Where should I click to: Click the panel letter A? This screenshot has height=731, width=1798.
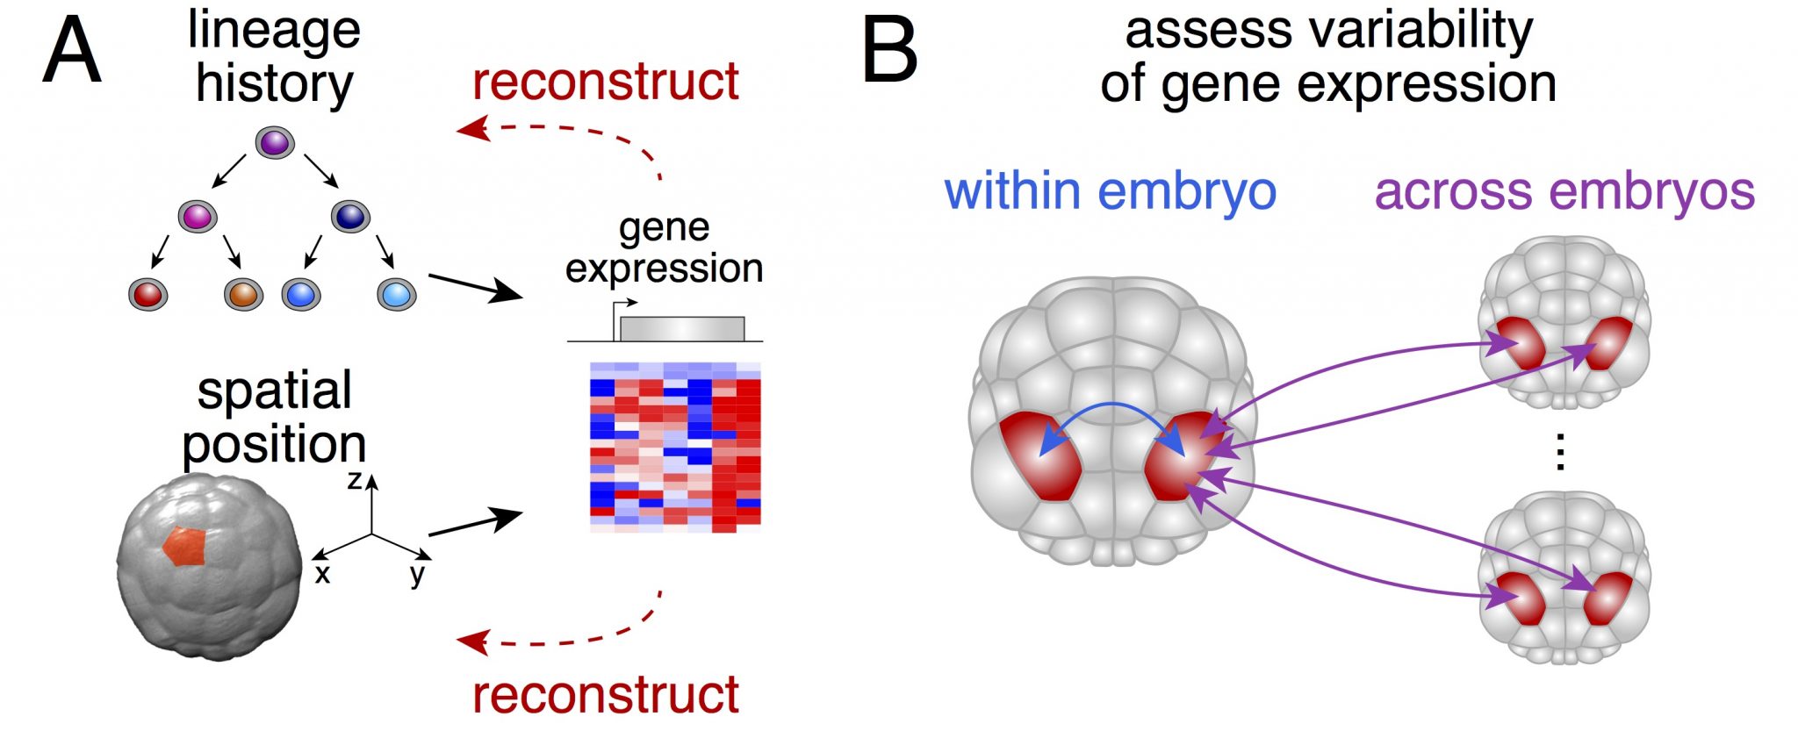(72, 53)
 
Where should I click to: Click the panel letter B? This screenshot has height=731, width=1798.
(889, 53)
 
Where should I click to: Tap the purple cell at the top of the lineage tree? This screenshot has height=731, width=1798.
(274, 143)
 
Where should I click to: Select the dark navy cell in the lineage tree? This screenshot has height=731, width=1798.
(350, 216)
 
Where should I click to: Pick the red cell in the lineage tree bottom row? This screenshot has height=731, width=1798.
(147, 293)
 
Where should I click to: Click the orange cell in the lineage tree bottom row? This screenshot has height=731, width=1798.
(243, 293)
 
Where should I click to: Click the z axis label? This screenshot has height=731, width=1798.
(355, 480)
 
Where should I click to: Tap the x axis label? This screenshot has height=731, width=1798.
(322, 575)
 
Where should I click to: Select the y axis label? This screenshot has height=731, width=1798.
(417, 575)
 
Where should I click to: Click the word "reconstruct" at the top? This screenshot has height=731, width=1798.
(605, 82)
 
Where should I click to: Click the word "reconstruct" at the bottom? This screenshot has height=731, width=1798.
(605, 695)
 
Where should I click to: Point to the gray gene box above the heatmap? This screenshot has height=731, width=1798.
(681, 329)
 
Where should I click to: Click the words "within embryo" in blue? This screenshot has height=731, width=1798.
(1110, 191)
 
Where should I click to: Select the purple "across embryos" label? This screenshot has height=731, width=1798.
(1564, 191)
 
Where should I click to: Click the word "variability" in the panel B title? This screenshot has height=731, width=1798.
(1422, 31)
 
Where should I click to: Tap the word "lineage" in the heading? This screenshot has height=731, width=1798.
(274, 31)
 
